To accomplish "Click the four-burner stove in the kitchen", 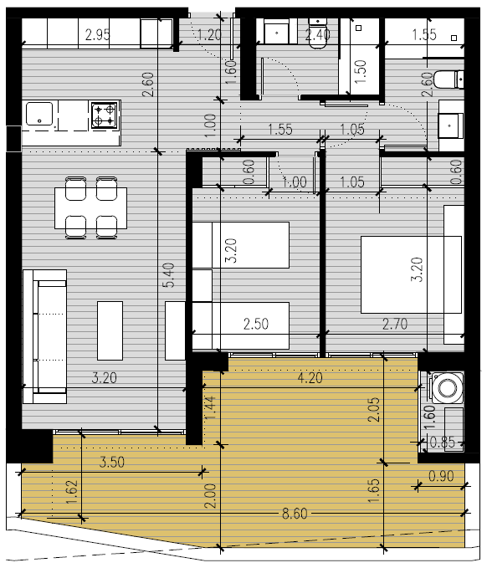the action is point(105,115).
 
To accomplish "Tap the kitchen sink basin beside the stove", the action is point(39,114).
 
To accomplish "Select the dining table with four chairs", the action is point(91,208).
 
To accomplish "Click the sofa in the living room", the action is point(44,336).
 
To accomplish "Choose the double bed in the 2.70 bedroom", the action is point(411,274).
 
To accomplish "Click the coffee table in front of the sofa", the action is point(110,330).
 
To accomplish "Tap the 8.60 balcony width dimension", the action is point(295,514).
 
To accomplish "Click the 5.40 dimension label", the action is point(169,275).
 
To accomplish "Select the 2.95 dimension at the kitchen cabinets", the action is point(97,35).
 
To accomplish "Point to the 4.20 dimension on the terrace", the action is point(310,378).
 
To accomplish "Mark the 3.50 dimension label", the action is point(112,462).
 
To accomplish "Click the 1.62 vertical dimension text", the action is point(72,492).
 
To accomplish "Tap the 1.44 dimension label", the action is point(210,407).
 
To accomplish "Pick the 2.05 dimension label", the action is point(374,409).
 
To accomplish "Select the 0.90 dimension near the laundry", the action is point(441,476).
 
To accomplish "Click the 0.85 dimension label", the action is point(442,442).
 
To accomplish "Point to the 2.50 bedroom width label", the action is point(256,324).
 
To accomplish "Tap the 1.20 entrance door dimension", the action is point(209,35).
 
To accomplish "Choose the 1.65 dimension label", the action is point(374,491).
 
